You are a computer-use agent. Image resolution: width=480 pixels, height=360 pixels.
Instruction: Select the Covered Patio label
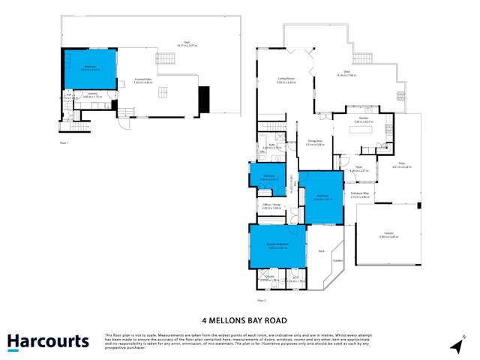coord(142,82)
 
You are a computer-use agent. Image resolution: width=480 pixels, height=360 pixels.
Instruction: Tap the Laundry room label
coord(92,96)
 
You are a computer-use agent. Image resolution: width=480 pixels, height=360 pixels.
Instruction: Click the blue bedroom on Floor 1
coord(89,67)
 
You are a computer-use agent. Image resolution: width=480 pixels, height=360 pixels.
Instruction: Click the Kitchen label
coord(361,119)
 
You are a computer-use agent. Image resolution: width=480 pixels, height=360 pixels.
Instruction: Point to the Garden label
coord(337,261)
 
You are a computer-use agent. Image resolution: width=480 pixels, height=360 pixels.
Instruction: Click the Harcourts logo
coord(49,342)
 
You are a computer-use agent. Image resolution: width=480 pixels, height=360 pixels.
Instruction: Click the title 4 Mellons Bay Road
coord(240,317)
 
